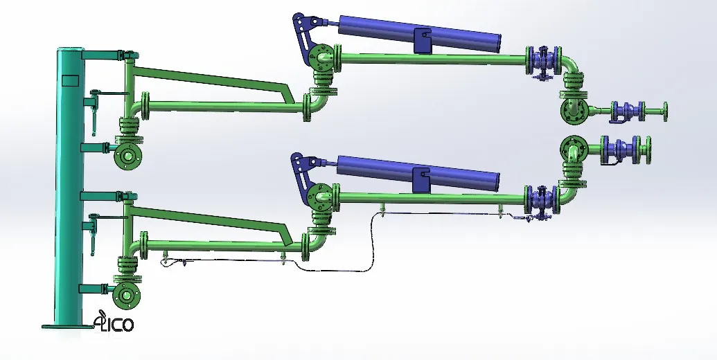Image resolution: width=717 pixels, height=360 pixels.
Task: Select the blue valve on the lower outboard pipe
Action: [x=542, y=201]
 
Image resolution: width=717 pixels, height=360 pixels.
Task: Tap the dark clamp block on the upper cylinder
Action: [x=422, y=41]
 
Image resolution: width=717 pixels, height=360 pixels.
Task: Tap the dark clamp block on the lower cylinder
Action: [x=421, y=180]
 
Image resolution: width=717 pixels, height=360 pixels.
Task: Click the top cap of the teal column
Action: [x=69, y=49]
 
